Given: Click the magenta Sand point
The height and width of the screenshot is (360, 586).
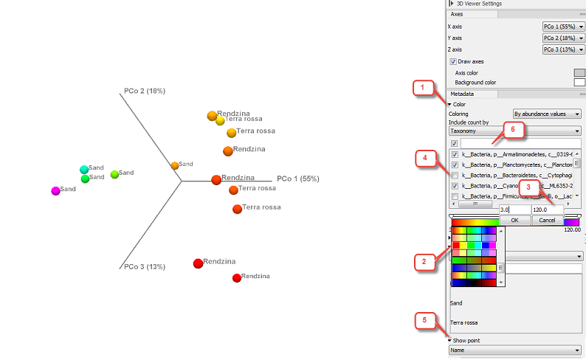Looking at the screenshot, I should coord(55,190).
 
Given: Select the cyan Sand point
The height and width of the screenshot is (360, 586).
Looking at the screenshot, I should coord(84,170).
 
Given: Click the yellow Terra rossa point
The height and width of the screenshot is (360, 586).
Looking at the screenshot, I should coord(220,120).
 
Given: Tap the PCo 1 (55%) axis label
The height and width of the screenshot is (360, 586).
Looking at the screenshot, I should coord(298,179).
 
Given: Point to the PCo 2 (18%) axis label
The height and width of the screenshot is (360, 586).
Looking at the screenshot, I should coord(144,91).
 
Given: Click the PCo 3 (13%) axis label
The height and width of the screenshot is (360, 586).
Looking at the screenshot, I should coord(145,266).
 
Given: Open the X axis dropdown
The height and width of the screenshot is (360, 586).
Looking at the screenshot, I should coord(563,27).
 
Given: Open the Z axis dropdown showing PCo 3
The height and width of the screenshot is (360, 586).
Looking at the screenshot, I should coord(563,49).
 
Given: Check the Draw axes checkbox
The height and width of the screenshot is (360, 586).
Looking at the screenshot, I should coord(452,61).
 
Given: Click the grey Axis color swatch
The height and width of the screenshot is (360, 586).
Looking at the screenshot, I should coord(579,73).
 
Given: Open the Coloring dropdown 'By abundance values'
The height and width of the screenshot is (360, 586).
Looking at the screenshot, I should coord(547,114).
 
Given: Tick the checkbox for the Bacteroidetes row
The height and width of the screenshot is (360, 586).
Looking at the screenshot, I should coord(454,176).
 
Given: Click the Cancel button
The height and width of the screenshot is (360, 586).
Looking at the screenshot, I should coord(547,221).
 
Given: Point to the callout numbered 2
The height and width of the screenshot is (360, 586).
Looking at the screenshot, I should coord(422,260).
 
